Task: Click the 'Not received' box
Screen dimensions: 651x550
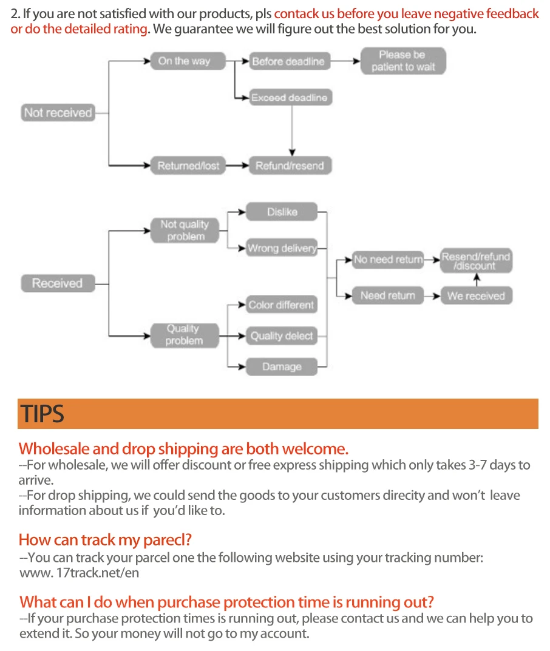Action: pos(58,113)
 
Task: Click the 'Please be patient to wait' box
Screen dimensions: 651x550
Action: pos(403,61)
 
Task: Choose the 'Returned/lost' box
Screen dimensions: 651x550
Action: pos(188,166)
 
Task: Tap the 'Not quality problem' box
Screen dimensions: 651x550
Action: pos(185,231)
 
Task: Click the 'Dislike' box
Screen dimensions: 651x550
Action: pos(282,212)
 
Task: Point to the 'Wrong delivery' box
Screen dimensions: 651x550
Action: pos(282,248)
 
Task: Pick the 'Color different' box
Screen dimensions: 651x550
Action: pos(282,305)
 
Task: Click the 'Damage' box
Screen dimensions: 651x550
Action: pos(282,367)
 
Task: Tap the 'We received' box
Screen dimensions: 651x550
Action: pos(477,296)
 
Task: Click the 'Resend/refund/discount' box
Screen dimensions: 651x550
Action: pos(477,261)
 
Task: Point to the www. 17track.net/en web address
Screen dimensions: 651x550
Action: pos(80,572)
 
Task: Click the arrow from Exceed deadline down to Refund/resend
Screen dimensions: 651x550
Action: pos(292,130)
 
